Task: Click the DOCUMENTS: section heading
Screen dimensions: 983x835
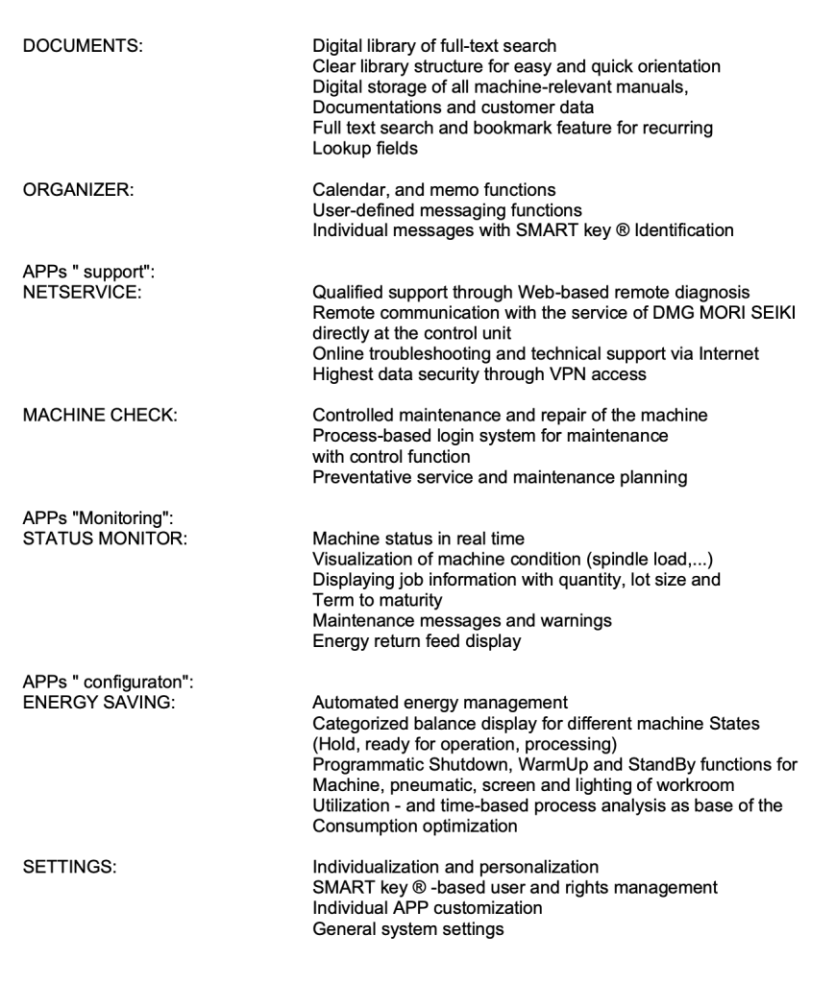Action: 83,45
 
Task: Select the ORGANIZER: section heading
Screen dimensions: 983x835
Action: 78,191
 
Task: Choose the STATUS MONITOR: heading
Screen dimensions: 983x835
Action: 105,537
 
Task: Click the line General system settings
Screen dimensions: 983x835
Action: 408,930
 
